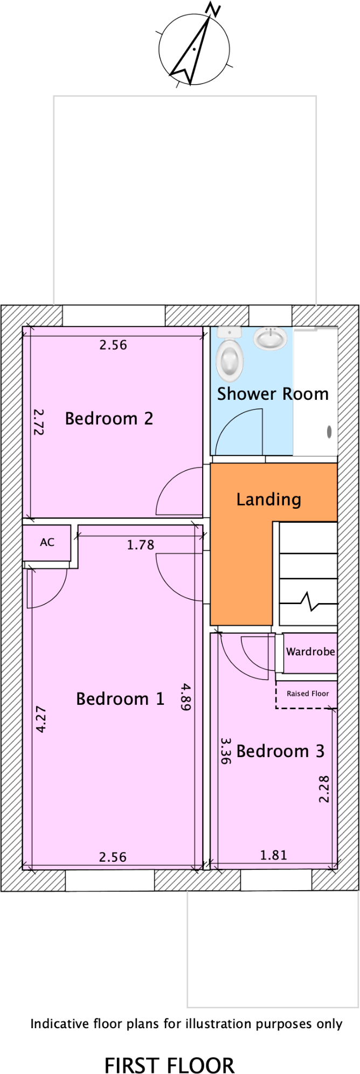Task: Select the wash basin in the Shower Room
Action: pos(270,339)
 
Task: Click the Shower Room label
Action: pos(273,394)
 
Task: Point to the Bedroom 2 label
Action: pos(109,419)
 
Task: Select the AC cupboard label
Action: pos(47,543)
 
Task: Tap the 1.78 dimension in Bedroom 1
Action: pos(141,545)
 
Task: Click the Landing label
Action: pos(268,500)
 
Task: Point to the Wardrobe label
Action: pos(310,652)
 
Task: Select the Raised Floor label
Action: pos(308,694)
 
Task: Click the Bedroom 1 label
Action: pos(120,699)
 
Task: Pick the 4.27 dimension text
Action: pos(41,719)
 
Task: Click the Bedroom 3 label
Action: pos(280,751)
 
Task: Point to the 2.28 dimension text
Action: pos(324,789)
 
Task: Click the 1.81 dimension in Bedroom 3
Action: pos(274,855)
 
